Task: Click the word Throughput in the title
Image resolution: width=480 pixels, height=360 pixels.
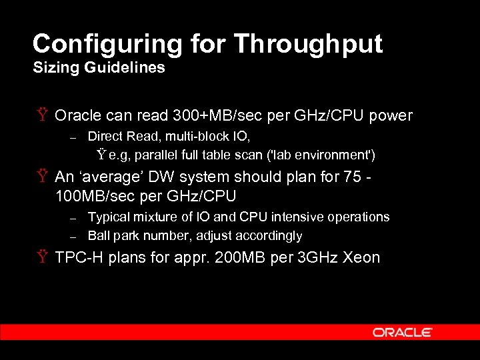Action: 308,44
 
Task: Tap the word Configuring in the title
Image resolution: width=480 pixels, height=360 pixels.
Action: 107,44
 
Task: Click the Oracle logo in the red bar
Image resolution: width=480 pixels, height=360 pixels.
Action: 403,332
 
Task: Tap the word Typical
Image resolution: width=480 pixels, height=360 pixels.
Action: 109,217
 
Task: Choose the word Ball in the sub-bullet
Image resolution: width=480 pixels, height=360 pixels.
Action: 99,236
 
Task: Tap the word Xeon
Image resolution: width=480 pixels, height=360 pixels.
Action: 361,258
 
